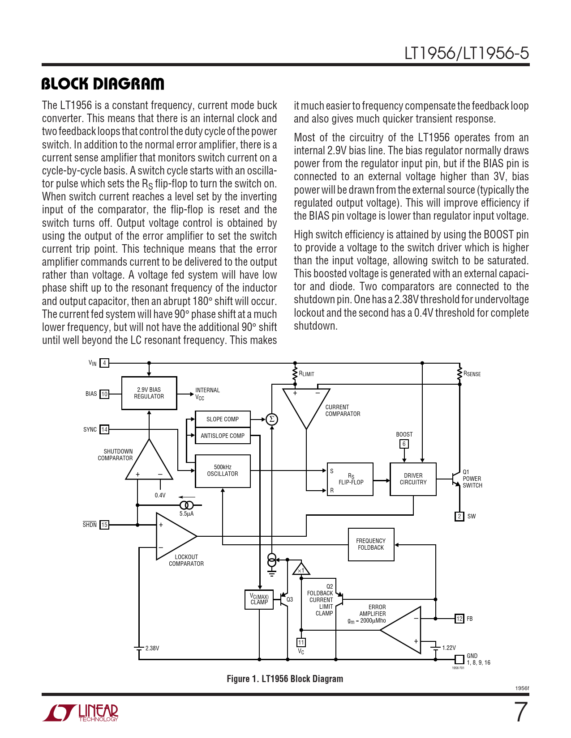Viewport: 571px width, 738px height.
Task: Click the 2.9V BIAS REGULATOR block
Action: pos(149,393)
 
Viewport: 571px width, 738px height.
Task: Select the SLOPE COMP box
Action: pos(223,419)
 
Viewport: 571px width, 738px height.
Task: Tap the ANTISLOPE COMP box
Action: pos(223,436)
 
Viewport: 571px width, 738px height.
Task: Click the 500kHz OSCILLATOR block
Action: pos(223,471)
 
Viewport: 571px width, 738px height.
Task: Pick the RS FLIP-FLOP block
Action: pos(350,479)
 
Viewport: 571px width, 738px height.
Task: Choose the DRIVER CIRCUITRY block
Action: pos(413,479)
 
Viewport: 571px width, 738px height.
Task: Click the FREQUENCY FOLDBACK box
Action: pos(371,544)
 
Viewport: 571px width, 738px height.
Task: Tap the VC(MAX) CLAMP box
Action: pos(259,599)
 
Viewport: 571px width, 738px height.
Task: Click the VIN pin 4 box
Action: pos(104,363)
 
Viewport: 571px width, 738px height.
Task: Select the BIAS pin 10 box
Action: pos(104,394)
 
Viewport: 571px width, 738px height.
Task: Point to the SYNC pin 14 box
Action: pos(104,429)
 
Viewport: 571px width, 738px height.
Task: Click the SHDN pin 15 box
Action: pos(104,525)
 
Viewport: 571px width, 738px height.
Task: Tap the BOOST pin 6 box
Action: pos(404,444)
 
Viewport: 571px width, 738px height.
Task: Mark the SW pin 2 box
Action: pos(459,516)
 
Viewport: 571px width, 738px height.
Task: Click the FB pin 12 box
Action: pos(459,619)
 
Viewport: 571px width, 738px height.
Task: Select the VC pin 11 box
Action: pos(301,643)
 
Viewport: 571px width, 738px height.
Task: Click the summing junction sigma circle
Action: pos(272,419)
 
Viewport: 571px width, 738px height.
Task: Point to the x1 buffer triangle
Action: pos(301,569)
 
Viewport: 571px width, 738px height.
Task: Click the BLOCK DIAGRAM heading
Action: pos(103,84)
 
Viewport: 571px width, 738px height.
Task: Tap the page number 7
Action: pos(520,712)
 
